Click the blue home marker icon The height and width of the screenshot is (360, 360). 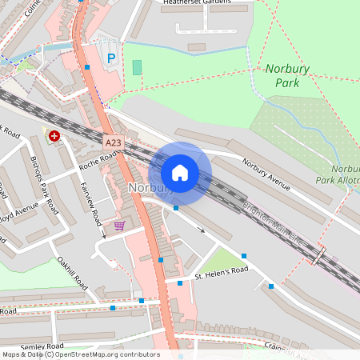(x=180, y=173)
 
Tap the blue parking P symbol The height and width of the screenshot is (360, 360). (x=111, y=58)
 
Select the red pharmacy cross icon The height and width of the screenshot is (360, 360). (x=54, y=137)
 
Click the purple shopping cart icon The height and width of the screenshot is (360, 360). (x=120, y=226)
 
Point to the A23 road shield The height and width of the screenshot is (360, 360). (x=113, y=142)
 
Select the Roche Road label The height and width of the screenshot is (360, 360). (x=98, y=160)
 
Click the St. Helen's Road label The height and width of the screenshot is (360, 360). (x=222, y=273)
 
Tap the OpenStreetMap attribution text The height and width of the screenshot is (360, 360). (x=80, y=354)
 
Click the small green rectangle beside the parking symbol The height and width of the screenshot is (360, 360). (x=137, y=67)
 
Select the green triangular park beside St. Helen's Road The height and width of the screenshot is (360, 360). (x=219, y=258)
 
